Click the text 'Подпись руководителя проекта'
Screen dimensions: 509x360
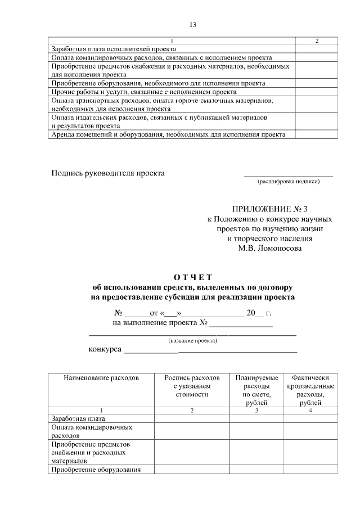(108, 173)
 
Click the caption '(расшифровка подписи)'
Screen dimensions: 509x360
(288, 182)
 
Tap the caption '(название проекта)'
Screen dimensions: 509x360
(193, 340)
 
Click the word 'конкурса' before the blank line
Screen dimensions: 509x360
(105, 349)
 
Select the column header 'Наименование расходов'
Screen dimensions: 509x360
(101, 377)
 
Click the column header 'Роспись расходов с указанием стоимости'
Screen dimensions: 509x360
(192, 386)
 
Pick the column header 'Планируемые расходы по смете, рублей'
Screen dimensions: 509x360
(256, 390)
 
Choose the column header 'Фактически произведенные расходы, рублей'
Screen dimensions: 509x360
(310, 390)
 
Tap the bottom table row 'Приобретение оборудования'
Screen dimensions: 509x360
(95, 470)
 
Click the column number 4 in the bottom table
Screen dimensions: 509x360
(310, 411)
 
